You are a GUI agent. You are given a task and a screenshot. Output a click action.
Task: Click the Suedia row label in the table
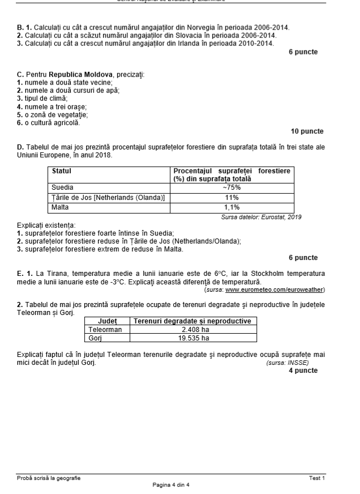click(63, 188)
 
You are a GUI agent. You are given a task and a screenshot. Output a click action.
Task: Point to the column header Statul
click(62, 171)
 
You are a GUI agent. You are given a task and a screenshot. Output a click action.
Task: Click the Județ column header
click(108, 321)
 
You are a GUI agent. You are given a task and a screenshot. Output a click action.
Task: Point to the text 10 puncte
click(307, 131)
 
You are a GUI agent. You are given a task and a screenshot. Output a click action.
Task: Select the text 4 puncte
click(303, 370)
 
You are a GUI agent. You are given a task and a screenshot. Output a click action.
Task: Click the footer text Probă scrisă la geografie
click(49, 478)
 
